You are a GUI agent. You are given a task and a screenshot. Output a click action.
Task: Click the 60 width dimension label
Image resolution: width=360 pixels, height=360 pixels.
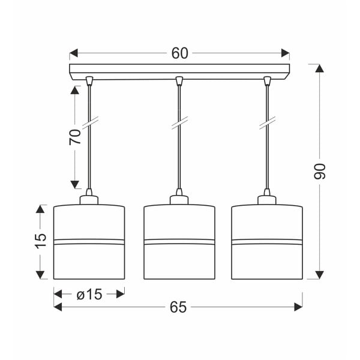click(179, 53)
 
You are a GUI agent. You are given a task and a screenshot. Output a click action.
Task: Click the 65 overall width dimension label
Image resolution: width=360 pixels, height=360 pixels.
click(178, 307)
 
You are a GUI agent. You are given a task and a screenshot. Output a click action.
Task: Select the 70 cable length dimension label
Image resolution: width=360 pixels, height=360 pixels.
click(75, 137)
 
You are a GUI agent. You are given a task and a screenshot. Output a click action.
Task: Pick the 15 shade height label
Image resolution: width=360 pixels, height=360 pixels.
click(40, 241)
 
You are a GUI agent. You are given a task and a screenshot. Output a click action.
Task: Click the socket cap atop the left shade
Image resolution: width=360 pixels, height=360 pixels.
click(89, 197)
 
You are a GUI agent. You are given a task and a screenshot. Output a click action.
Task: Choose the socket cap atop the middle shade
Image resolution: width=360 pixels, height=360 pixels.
click(178, 197)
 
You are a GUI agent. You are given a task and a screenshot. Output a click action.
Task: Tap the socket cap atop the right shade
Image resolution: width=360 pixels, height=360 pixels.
click(266, 197)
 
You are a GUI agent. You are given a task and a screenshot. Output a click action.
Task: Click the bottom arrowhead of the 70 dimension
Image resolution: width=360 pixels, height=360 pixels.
click(75, 184)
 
